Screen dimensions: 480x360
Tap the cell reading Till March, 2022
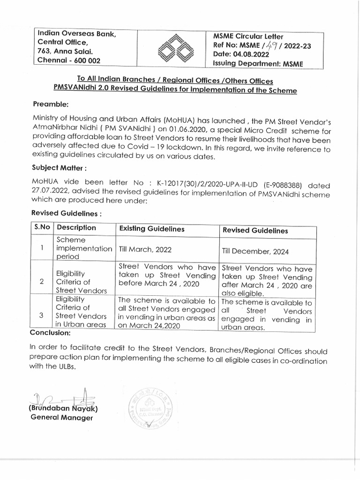143,250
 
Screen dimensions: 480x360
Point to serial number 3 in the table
42,315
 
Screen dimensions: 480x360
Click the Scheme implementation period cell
84,248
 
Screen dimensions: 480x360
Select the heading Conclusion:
50,333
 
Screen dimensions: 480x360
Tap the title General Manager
61,417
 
